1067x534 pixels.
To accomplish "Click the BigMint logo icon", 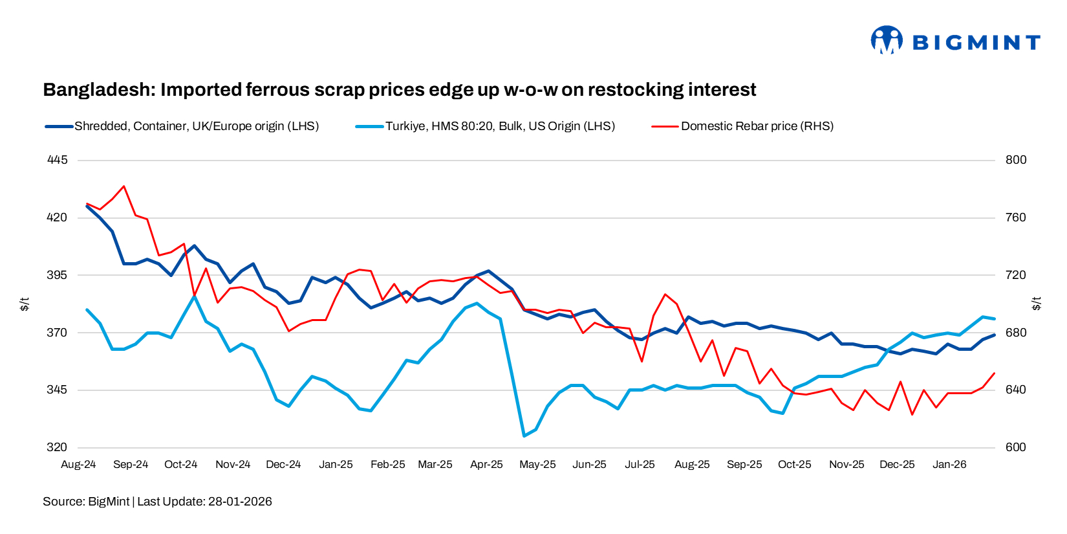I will [x=886, y=40].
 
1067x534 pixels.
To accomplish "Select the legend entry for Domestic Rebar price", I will [x=757, y=126].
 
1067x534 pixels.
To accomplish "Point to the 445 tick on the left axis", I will [x=57, y=160].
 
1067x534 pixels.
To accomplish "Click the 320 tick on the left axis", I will [x=57, y=447].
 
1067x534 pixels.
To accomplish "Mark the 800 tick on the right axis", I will [x=1016, y=160].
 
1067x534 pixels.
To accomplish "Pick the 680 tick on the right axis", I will [x=1016, y=333].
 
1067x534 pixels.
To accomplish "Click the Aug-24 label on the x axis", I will [x=78, y=465].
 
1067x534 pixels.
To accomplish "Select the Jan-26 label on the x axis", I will [x=949, y=465].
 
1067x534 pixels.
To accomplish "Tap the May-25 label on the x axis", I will [x=537, y=465].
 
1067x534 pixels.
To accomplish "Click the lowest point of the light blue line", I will [x=524, y=436].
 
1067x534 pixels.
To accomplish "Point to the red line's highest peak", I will [x=124, y=186].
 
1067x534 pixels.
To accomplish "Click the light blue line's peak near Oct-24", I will [x=194, y=296].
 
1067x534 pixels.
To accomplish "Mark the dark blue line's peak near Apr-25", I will [x=489, y=271].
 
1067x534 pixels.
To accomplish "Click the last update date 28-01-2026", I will [x=240, y=502].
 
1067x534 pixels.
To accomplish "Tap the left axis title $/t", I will [x=25, y=304].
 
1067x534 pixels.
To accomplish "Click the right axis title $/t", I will [x=1037, y=304].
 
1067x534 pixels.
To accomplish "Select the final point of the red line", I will [x=995, y=373].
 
